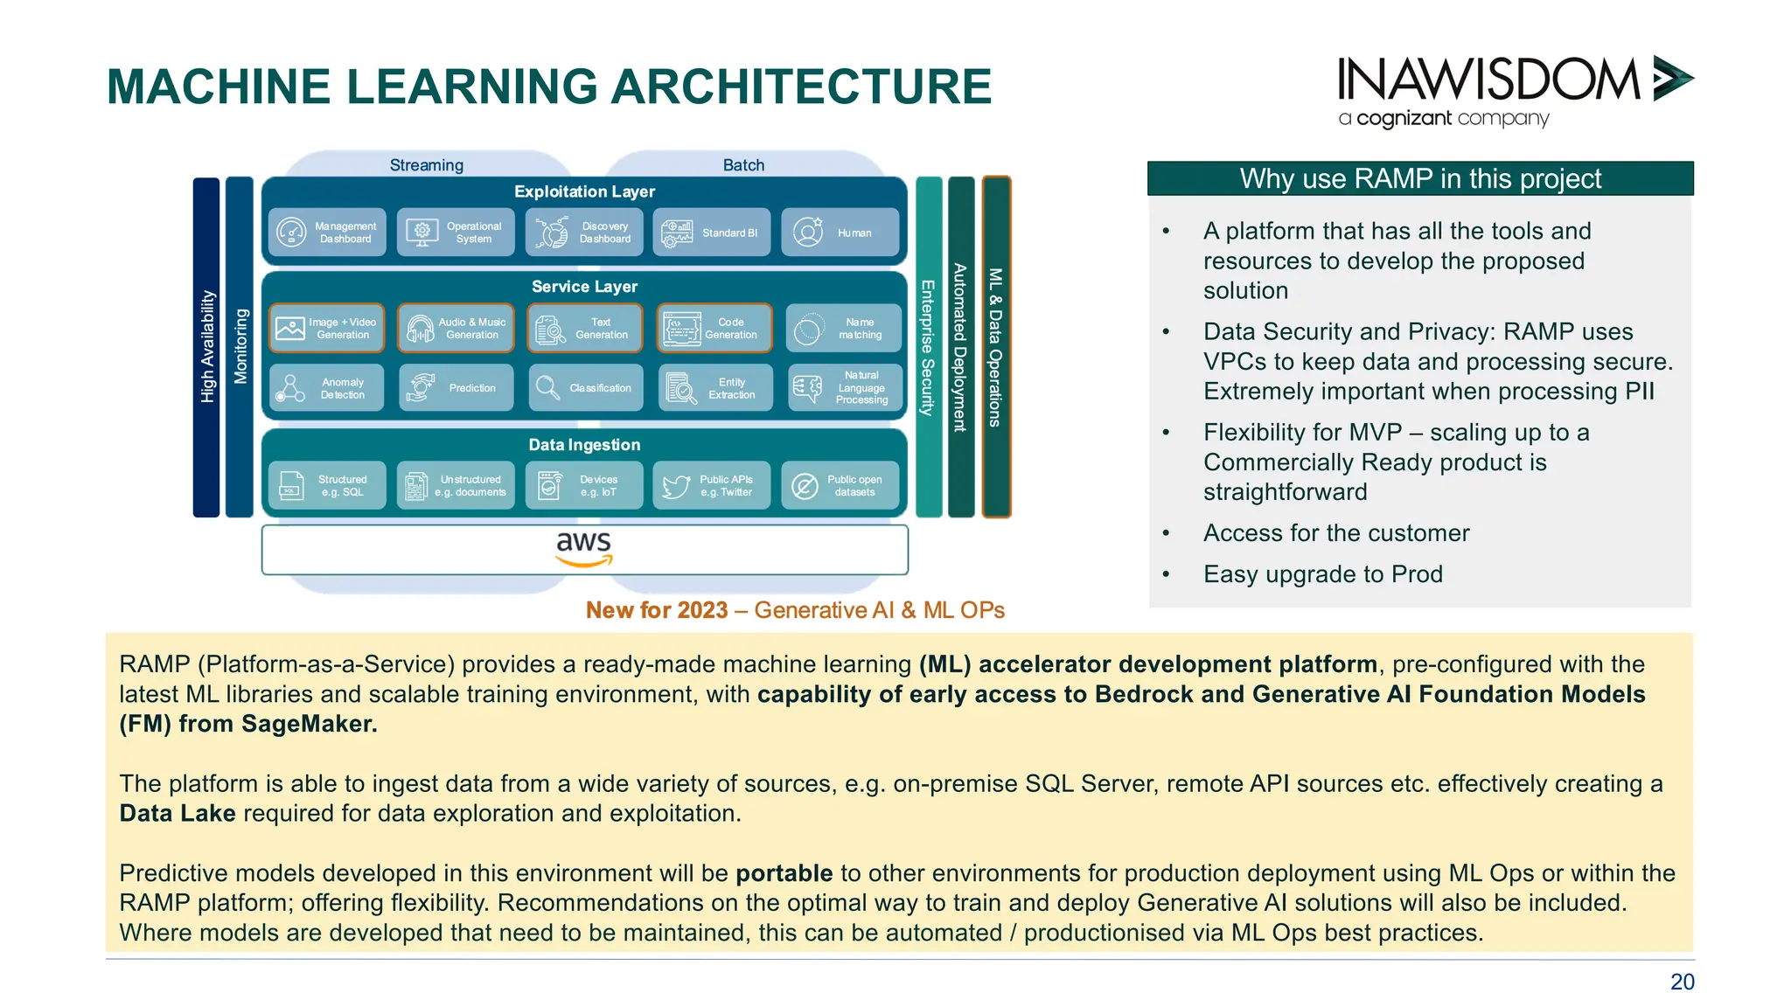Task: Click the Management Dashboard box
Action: (x=327, y=233)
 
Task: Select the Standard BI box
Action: (x=712, y=233)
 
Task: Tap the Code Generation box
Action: (x=714, y=329)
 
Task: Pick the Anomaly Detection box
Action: (x=327, y=388)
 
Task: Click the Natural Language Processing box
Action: (x=844, y=388)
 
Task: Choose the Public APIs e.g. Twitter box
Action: (x=712, y=486)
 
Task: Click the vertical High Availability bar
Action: (x=206, y=347)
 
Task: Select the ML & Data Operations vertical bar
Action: (x=996, y=347)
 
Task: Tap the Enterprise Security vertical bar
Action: (x=929, y=347)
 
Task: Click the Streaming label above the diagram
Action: (x=427, y=165)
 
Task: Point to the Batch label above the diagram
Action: (x=743, y=165)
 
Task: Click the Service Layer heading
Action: (x=584, y=287)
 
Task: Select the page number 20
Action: (x=1682, y=982)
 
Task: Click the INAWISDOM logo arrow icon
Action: (x=1672, y=79)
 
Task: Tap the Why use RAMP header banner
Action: (x=1420, y=178)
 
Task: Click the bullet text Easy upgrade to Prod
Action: (x=1322, y=574)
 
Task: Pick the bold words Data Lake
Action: (x=178, y=814)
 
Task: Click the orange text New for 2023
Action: (x=657, y=610)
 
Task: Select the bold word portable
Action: (x=784, y=873)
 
